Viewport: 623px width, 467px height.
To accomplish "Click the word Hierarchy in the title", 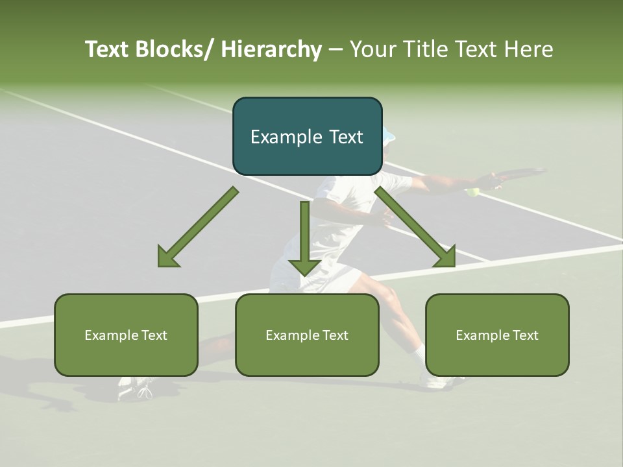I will click(271, 50).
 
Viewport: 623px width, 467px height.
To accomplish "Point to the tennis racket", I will click(519, 174).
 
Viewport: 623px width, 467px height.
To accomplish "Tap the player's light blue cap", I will click(388, 136).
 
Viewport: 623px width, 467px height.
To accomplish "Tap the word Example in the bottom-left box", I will click(111, 335).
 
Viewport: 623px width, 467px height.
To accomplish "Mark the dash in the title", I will click(336, 50).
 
